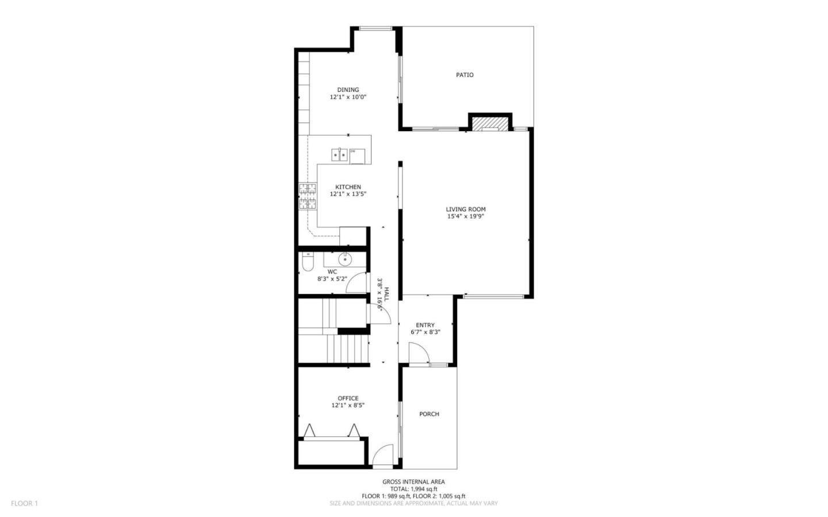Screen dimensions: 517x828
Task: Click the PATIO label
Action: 465,75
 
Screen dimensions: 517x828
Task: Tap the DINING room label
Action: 348,90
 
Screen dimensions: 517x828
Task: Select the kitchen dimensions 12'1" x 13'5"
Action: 348,194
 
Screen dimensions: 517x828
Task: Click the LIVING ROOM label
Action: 466,209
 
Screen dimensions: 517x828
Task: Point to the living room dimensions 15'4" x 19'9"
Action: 466,217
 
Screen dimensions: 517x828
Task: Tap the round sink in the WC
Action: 345,259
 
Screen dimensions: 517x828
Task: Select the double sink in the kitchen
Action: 339,155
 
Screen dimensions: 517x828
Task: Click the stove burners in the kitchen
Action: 308,196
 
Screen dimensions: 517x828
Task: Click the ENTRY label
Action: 425,325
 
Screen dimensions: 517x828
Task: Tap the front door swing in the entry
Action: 418,353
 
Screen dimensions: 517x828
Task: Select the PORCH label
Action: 429,414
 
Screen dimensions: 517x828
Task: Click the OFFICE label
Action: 348,398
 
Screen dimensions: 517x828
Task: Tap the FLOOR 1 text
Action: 24,503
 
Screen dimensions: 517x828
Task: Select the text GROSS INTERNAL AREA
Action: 413,482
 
